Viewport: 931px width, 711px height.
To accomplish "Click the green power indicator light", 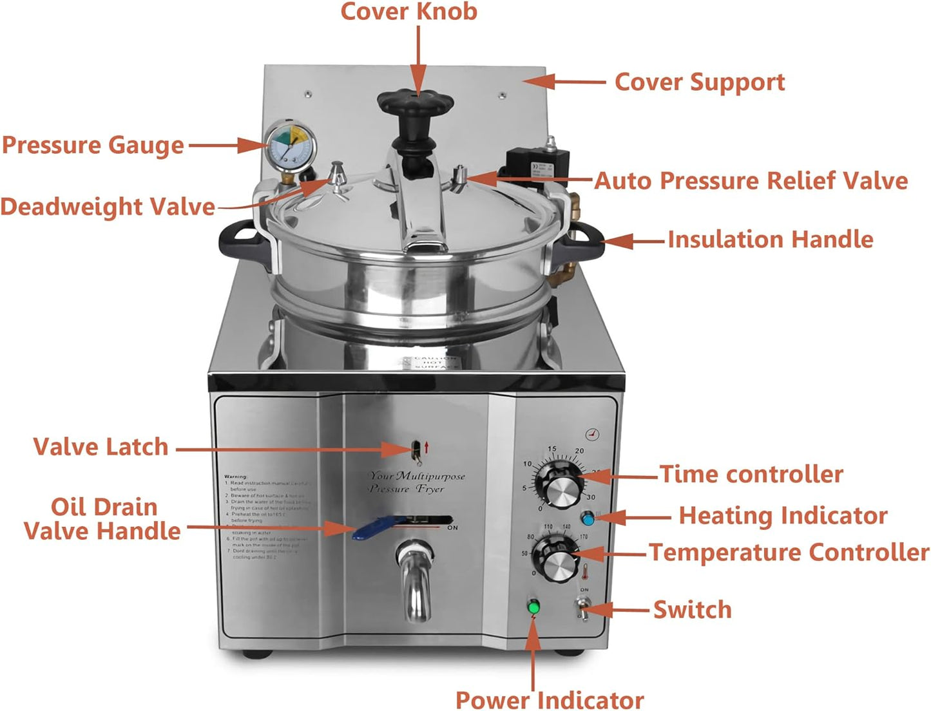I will click(533, 606).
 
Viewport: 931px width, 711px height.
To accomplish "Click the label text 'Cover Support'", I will click(700, 82).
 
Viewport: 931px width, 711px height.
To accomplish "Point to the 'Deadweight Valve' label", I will click(108, 207).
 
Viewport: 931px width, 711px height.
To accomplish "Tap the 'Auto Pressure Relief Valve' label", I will click(751, 181).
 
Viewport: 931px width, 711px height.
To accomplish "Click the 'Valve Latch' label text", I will click(101, 447).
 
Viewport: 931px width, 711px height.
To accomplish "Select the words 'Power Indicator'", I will click(550, 699).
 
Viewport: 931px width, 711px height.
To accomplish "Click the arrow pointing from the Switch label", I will click(622, 609).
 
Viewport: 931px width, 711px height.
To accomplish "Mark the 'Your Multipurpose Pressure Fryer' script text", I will click(416, 482).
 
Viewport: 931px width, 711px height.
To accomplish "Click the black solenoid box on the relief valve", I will click(538, 163).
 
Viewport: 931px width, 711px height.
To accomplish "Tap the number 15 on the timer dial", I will click(552, 449).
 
